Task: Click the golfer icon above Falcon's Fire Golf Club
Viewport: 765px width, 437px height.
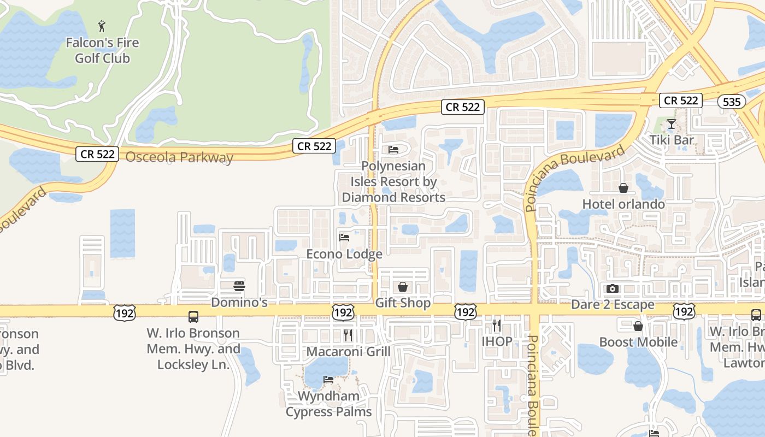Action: click(x=102, y=26)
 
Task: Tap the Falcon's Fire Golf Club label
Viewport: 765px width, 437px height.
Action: click(x=102, y=50)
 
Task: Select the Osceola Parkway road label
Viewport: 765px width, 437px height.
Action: click(x=179, y=157)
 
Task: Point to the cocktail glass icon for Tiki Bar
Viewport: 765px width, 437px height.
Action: click(x=672, y=124)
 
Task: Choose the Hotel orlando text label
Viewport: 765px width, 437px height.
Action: click(x=623, y=204)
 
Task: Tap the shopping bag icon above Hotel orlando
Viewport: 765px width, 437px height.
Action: click(x=623, y=188)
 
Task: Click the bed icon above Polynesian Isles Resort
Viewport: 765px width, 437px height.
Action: click(x=393, y=149)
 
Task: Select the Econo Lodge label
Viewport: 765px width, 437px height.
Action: click(x=344, y=254)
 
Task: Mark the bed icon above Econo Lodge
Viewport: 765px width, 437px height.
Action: click(x=344, y=238)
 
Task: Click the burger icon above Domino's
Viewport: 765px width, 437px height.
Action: click(x=239, y=286)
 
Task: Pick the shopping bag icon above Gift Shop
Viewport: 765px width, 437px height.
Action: click(x=403, y=287)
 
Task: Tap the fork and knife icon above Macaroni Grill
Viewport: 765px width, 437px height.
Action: click(x=348, y=335)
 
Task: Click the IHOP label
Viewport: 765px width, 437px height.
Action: click(x=497, y=342)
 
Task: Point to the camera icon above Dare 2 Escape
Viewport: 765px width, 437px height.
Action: click(x=613, y=288)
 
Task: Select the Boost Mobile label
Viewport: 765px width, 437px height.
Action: click(x=638, y=342)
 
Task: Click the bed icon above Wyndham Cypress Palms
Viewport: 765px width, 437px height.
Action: click(x=328, y=380)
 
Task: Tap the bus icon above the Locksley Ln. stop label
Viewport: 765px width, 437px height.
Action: click(x=193, y=316)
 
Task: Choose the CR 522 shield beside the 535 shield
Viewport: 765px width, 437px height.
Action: click(x=680, y=101)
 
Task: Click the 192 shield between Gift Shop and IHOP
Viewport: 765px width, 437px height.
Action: click(x=465, y=312)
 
